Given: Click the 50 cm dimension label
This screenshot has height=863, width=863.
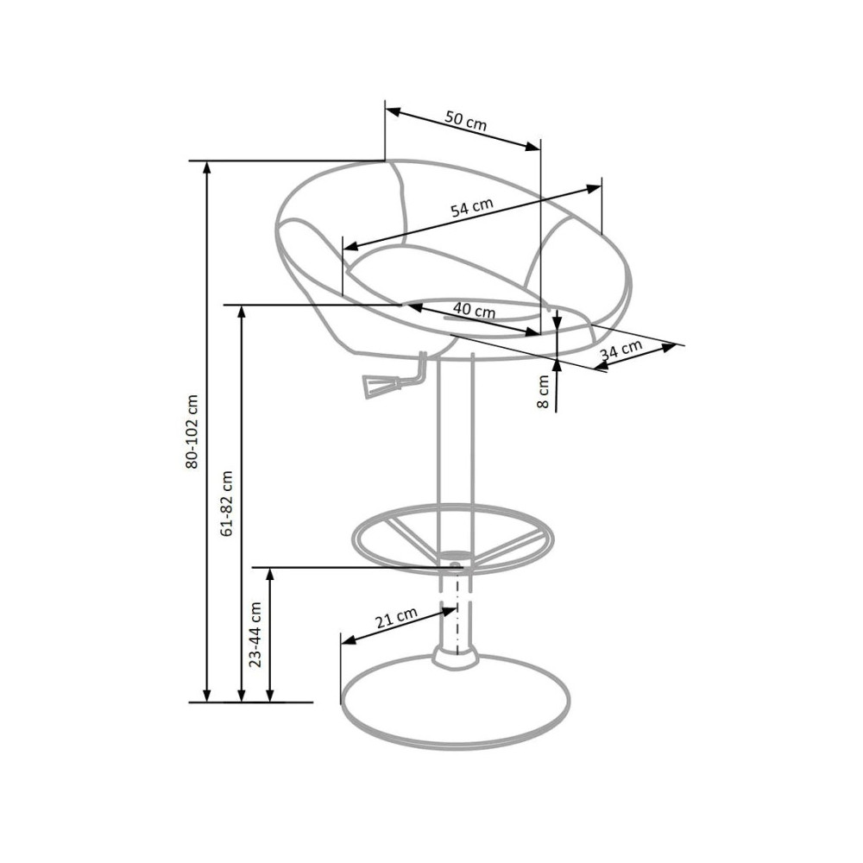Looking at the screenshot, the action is (466, 121).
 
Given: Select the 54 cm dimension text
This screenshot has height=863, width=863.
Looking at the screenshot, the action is (472, 207).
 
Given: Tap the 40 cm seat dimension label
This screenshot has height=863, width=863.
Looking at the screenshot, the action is (474, 311).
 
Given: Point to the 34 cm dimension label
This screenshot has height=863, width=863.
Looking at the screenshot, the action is (621, 350).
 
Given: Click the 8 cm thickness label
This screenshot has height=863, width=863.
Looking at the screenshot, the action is (543, 391).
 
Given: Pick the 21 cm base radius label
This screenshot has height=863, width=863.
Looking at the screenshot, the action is (396, 618).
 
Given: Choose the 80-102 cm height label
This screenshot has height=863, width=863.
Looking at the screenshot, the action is (192, 431).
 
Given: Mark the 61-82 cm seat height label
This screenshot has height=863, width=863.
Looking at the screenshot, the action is (226, 503).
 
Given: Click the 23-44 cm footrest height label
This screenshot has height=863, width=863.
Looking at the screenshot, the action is (255, 634).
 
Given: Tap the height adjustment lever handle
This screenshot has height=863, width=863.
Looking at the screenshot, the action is (376, 384).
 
